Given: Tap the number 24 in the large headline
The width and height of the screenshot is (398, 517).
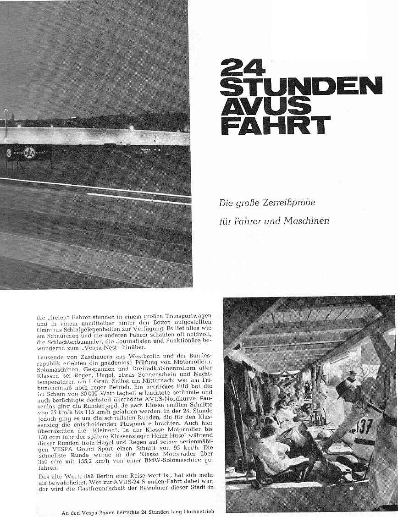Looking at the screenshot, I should pos(243,67).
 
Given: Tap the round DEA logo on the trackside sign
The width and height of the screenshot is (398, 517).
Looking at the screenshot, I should pos(29,153).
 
